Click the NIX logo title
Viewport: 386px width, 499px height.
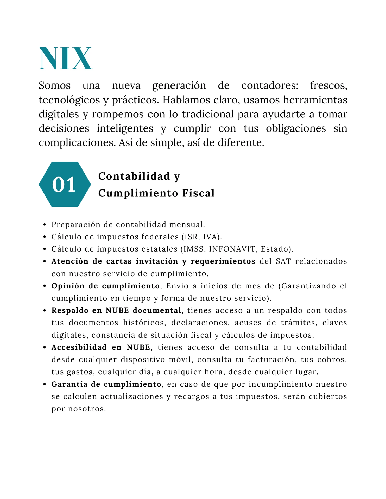point(66,58)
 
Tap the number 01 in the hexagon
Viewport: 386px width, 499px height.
point(64,185)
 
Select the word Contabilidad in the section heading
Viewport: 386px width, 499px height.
point(134,176)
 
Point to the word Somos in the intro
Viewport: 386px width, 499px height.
point(55,86)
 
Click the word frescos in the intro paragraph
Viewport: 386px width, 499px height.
point(328,86)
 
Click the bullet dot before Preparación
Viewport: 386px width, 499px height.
point(45,225)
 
